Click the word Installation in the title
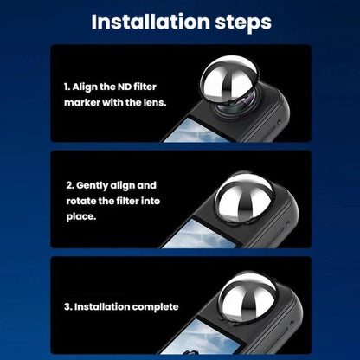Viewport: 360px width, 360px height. point(151,22)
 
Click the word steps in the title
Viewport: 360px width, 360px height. point(243,22)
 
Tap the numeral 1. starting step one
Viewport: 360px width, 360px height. point(67,87)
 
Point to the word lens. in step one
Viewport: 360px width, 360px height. point(155,102)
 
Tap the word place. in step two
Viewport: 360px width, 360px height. point(81,217)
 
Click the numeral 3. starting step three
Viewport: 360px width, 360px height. point(68,306)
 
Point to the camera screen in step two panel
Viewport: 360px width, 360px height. point(202,235)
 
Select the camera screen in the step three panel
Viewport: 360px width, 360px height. point(201,337)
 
